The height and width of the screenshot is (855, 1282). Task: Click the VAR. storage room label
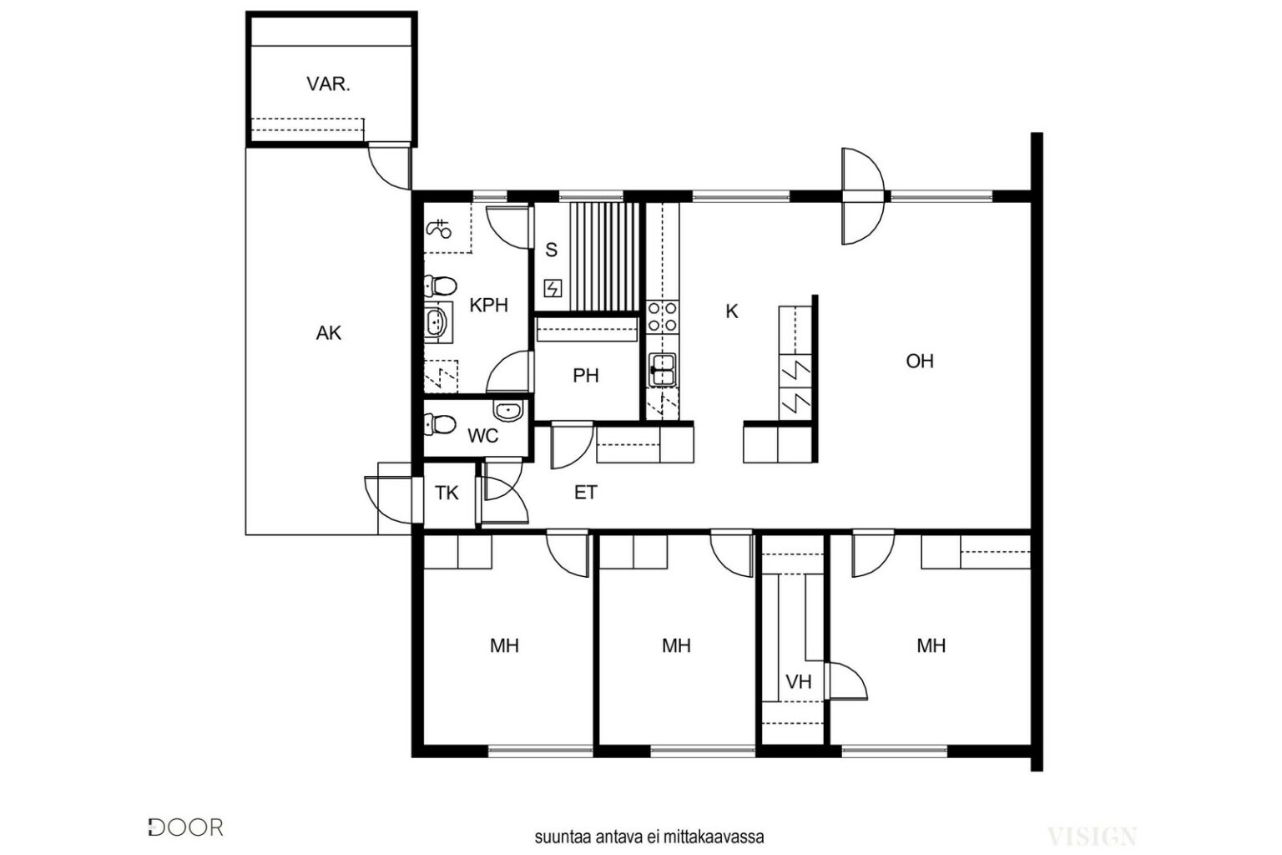328,85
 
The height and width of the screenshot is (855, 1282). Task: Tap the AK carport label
329,332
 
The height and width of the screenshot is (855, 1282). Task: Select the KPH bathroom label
489,306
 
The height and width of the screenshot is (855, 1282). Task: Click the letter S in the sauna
551,250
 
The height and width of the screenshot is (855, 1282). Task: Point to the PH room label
585,376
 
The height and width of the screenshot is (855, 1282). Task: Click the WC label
483,436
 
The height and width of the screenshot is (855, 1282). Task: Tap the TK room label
447,493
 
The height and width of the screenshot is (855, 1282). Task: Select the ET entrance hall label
585,493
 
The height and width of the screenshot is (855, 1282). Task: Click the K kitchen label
731,311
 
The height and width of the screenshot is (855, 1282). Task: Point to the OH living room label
920,361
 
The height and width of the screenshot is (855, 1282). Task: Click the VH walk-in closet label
799,681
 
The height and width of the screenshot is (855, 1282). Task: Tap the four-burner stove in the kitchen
662,317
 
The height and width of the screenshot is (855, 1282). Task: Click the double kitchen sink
662,370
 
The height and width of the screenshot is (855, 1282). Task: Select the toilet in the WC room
440,424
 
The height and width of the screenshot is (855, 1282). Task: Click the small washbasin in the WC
508,410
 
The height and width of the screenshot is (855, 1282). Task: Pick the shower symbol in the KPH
439,229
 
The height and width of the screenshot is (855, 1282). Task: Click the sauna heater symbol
553,288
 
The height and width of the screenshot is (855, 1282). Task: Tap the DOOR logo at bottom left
185,827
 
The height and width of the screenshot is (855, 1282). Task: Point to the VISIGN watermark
1092,837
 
